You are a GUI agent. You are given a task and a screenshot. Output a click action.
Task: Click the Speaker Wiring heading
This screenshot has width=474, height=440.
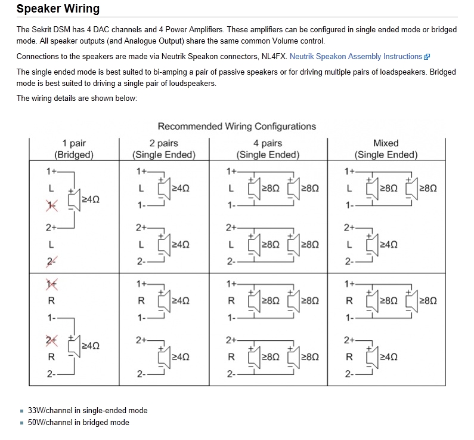pos(58,9)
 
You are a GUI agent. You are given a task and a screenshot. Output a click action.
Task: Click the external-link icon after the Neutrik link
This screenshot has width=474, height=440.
pos(426,57)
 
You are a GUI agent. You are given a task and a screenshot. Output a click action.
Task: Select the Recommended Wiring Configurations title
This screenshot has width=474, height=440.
pos(237,127)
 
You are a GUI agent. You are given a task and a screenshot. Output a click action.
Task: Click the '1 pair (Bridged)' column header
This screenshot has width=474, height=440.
pos(74,149)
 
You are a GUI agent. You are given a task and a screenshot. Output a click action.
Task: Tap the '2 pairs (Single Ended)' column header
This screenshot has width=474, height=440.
pos(164,149)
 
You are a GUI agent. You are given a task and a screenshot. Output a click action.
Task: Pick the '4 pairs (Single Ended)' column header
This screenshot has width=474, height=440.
pos(268,149)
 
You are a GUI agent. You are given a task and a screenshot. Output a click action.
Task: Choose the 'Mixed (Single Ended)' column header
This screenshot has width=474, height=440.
pos(386,149)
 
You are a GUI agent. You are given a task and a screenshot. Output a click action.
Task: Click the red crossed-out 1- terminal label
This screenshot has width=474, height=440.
pos(51,205)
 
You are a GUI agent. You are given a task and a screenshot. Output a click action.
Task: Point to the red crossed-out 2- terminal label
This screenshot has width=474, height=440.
pos(51,261)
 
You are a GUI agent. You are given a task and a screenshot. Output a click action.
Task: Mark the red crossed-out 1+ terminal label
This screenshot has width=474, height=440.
pos(51,284)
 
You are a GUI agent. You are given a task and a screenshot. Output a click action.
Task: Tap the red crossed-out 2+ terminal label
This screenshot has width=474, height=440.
pos(51,340)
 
